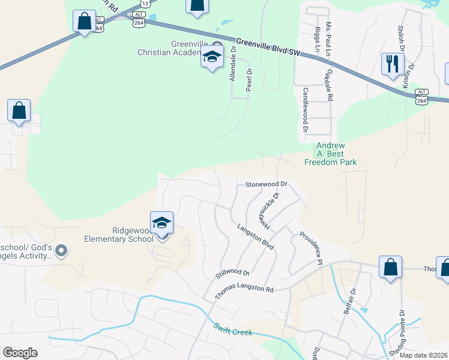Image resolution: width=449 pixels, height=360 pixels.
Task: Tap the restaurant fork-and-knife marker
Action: tap(393, 63)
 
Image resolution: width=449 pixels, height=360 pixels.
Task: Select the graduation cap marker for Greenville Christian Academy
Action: tap(212, 58)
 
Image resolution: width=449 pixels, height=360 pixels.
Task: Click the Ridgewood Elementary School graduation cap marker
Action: tap(161, 223)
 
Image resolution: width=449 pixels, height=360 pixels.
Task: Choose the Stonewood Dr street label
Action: tap(267, 184)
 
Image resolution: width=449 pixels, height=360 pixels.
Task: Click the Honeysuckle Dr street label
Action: tap(269, 212)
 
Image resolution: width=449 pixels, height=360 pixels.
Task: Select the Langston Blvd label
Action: tap(255, 237)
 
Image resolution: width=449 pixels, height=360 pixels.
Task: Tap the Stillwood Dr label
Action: tap(232, 275)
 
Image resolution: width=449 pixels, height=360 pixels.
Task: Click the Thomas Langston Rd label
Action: tap(244, 289)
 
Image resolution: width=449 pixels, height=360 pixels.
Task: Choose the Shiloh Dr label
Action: tap(400, 37)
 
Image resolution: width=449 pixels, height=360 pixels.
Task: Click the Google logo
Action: tap(20, 353)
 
